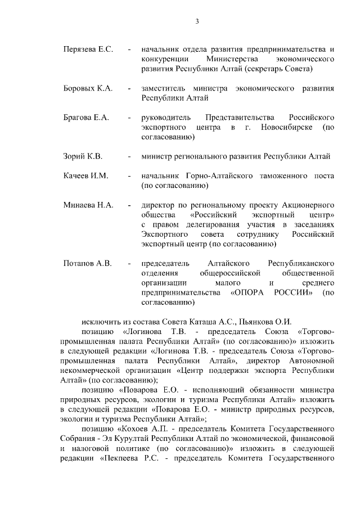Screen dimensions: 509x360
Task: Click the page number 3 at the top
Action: tap(197, 21)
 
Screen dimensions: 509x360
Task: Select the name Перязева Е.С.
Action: tap(89, 49)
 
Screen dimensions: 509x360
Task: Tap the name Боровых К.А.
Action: tap(88, 88)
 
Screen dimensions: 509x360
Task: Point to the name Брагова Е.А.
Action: tap(86, 118)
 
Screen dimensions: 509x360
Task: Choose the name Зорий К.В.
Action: tap(83, 156)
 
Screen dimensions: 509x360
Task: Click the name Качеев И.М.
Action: tap(85, 175)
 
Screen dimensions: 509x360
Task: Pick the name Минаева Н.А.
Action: tap(88, 205)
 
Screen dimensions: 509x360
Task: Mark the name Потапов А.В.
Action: tap(87, 263)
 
